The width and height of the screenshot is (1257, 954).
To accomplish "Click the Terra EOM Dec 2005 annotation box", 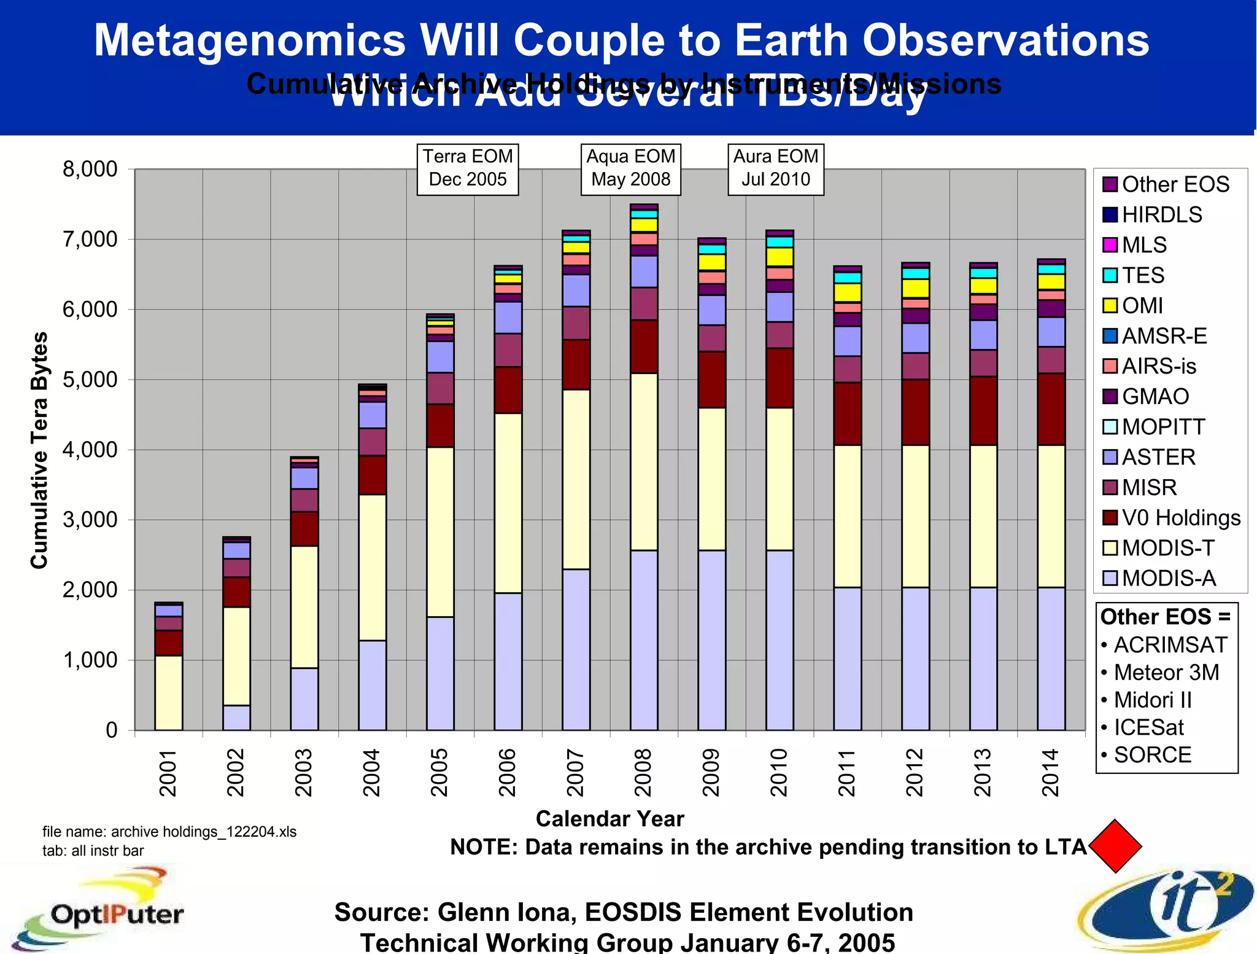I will click(468, 168).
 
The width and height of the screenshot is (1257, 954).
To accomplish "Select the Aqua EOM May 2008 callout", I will click(630, 168).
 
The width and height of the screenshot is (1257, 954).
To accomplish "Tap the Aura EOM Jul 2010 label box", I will click(775, 168).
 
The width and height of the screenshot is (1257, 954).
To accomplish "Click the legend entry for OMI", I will click(1142, 305).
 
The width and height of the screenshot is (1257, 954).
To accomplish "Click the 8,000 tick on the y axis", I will click(90, 169).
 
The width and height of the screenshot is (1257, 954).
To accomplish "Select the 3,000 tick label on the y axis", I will click(90, 520).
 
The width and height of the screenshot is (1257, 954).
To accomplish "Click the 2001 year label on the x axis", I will click(168, 772).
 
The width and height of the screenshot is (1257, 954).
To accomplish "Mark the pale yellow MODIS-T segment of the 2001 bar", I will click(168, 692).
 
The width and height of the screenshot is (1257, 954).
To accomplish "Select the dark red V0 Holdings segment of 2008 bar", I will click(644, 346).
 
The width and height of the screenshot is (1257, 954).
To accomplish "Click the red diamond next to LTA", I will click(1115, 846).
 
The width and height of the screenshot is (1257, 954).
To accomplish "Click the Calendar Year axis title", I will click(609, 818).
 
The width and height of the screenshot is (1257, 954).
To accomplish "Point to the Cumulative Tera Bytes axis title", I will click(39, 450).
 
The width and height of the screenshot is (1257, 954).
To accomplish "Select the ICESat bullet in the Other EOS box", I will click(1148, 727).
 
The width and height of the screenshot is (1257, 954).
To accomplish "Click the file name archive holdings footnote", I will click(169, 832).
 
